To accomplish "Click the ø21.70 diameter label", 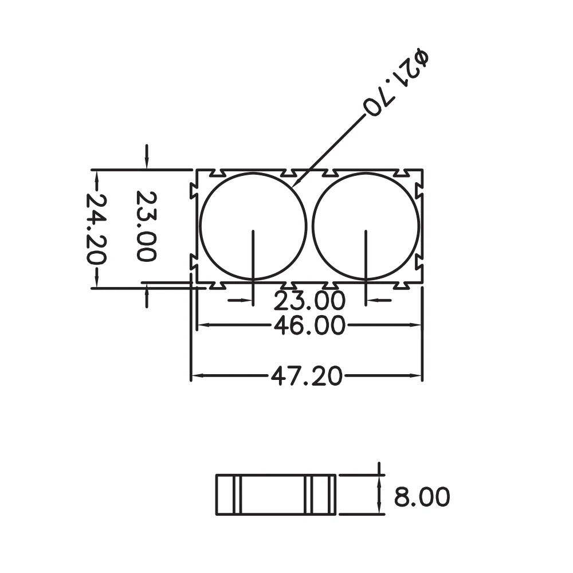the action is [x=396, y=83].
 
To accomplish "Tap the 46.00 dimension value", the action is [x=309, y=325].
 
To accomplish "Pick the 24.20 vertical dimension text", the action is [x=96, y=229].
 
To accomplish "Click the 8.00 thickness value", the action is [x=422, y=496].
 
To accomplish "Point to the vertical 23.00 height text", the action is [x=146, y=226].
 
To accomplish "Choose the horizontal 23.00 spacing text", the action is [x=309, y=301].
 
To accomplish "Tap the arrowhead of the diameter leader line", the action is [x=297, y=184].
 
